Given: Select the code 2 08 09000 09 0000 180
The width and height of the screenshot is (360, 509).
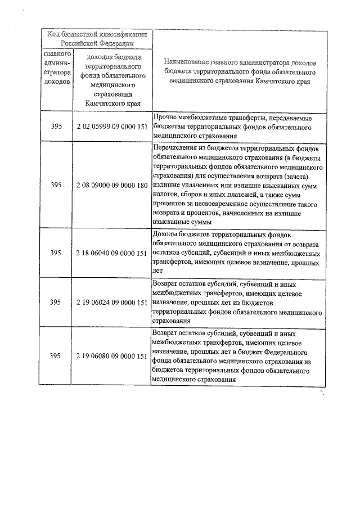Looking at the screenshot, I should (x=112, y=184).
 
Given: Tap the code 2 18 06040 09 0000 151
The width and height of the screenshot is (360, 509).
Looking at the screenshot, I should (x=112, y=253).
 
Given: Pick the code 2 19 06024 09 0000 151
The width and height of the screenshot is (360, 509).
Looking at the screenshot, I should (x=112, y=302).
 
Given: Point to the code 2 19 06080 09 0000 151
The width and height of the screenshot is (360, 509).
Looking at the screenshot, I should (x=112, y=356).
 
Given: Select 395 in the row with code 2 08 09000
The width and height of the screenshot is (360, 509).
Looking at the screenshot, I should (x=56, y=184).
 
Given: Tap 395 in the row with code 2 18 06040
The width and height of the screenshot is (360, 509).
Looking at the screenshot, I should (x=56, y=253).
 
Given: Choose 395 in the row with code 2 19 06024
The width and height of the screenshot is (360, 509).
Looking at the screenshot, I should (x=56, y=302).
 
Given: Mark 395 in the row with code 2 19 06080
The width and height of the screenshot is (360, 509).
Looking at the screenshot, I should (x=56, y=356).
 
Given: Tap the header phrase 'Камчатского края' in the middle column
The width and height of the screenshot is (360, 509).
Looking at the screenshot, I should (x=112, y=103).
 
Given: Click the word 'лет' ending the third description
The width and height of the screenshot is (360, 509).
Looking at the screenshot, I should (x=157, y=271).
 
